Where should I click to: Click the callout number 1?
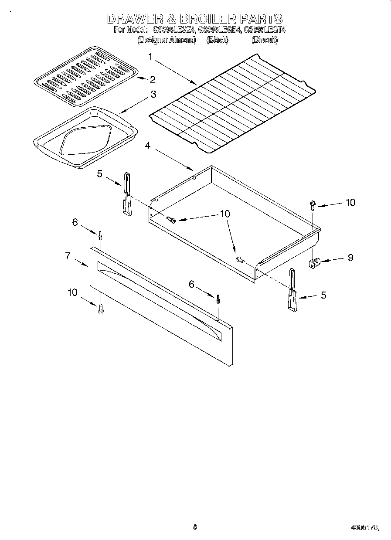click(x=150, y=57)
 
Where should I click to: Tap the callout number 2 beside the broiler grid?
click(x=152, y=79)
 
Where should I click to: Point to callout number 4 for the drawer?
click(x=148, y=145)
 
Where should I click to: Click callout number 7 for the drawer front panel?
click(x=68, y=256)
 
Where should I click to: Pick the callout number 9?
click(x=350, y=258)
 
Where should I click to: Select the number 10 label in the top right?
click(x=350, y=202)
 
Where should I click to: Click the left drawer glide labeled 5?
click(x=126, y=194)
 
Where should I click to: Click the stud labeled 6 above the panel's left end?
click(x=101, y=236)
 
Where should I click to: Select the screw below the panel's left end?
click(x=101, y=309)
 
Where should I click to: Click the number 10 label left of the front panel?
click(x=72, y=292)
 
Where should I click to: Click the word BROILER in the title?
click(x=207, y=19)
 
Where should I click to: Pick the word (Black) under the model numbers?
click(x=218, y=40)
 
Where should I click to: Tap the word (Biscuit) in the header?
click(x=264, y=40)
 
